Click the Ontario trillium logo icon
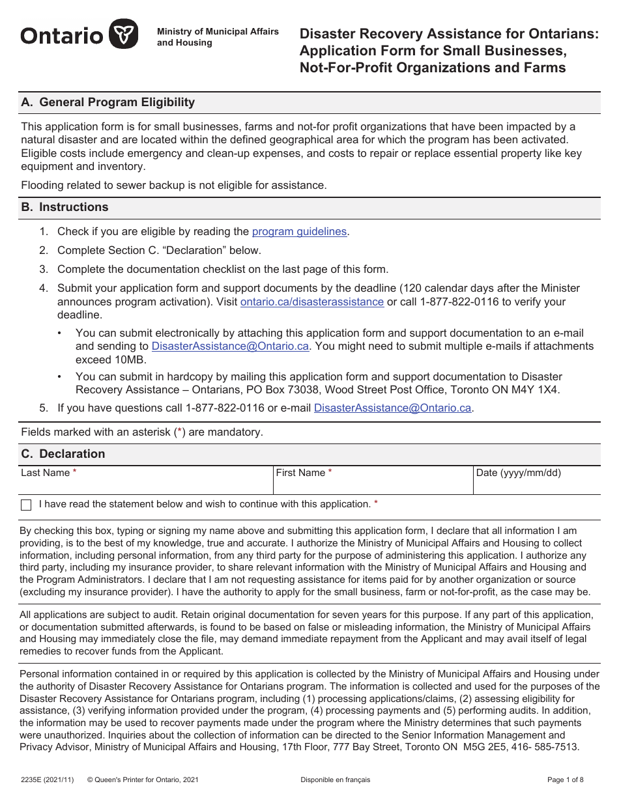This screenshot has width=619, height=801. click(x=123, y=34)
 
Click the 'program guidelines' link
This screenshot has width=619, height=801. click(x=299, y=231)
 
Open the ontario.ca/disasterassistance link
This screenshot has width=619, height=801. click(x=311, y=302)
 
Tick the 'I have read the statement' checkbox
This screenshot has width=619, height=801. click(x=26, y=505)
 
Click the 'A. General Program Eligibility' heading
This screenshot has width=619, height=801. click(x=108, y=102)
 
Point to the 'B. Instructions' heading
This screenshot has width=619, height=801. click(x=65, y=207)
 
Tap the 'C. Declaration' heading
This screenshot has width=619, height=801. click(x=63, y=454)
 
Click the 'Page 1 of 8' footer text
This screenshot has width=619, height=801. click(x=566, y=780)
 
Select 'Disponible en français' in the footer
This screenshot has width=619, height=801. click(x=335, y=780)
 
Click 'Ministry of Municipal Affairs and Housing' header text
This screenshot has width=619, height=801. click(x=218, y=37)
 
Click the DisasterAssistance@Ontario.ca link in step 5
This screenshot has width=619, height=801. click(x=392, y=408)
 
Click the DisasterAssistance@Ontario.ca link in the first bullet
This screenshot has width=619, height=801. click(x=230, y=346)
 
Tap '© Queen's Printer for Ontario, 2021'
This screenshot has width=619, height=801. click(x=143, y=780)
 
